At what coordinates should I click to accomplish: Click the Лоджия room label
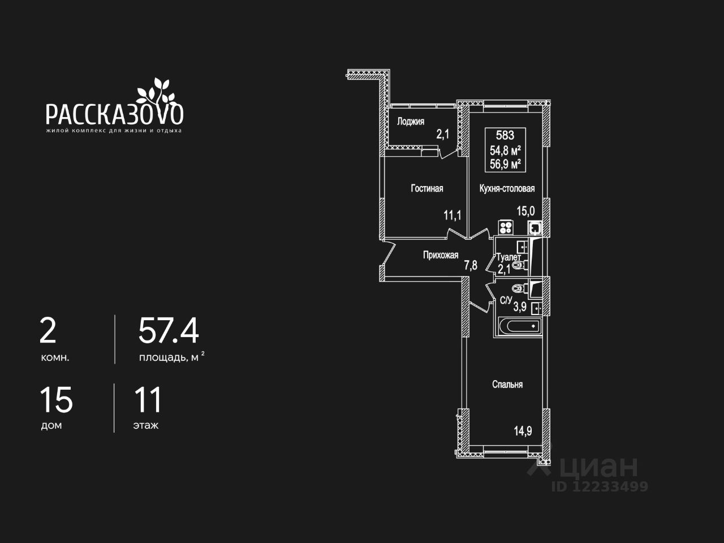point(410,121)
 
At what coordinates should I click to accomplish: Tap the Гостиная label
point(426,188)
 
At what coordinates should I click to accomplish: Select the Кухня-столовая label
point(507,188)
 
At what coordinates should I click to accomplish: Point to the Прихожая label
point(441,255)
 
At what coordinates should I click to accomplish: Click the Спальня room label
point(507,385)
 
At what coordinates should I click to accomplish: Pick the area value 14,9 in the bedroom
point(523,431)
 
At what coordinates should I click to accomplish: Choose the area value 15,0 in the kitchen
point(525,211)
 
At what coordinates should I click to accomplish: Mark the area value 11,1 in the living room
point(452,215)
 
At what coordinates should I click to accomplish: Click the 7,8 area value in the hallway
point(471,264)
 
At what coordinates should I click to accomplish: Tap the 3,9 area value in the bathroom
point(519,307)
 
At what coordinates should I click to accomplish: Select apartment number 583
point(505,135)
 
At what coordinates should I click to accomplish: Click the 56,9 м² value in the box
point(505,165)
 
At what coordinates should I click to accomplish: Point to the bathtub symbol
point(518,327)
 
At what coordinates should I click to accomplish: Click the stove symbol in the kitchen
point(506,227)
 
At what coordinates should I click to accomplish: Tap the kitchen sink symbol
point(535,227)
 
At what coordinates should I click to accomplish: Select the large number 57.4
point(169,331)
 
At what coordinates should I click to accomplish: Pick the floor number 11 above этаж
point(148,400)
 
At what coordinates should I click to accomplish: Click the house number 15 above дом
point(56,400)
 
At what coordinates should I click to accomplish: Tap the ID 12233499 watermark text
point(600,486)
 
